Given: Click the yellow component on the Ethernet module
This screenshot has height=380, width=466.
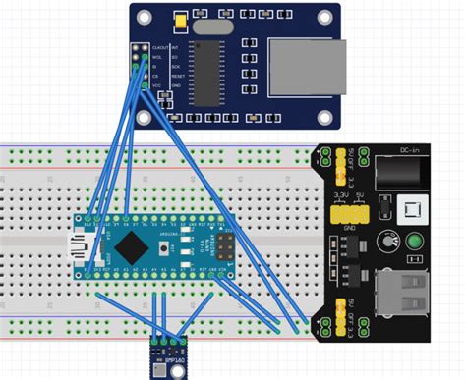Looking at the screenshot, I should click(x=180, y=21).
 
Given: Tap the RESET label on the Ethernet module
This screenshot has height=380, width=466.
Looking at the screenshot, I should click(x=179, y=77).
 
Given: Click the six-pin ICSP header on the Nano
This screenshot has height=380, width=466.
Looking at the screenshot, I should click(x=227, y=245).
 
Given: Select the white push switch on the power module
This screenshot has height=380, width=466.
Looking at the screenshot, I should click(x=413, y=208).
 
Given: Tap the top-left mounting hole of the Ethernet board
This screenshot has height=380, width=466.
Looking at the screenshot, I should click(x=145, y=16).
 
